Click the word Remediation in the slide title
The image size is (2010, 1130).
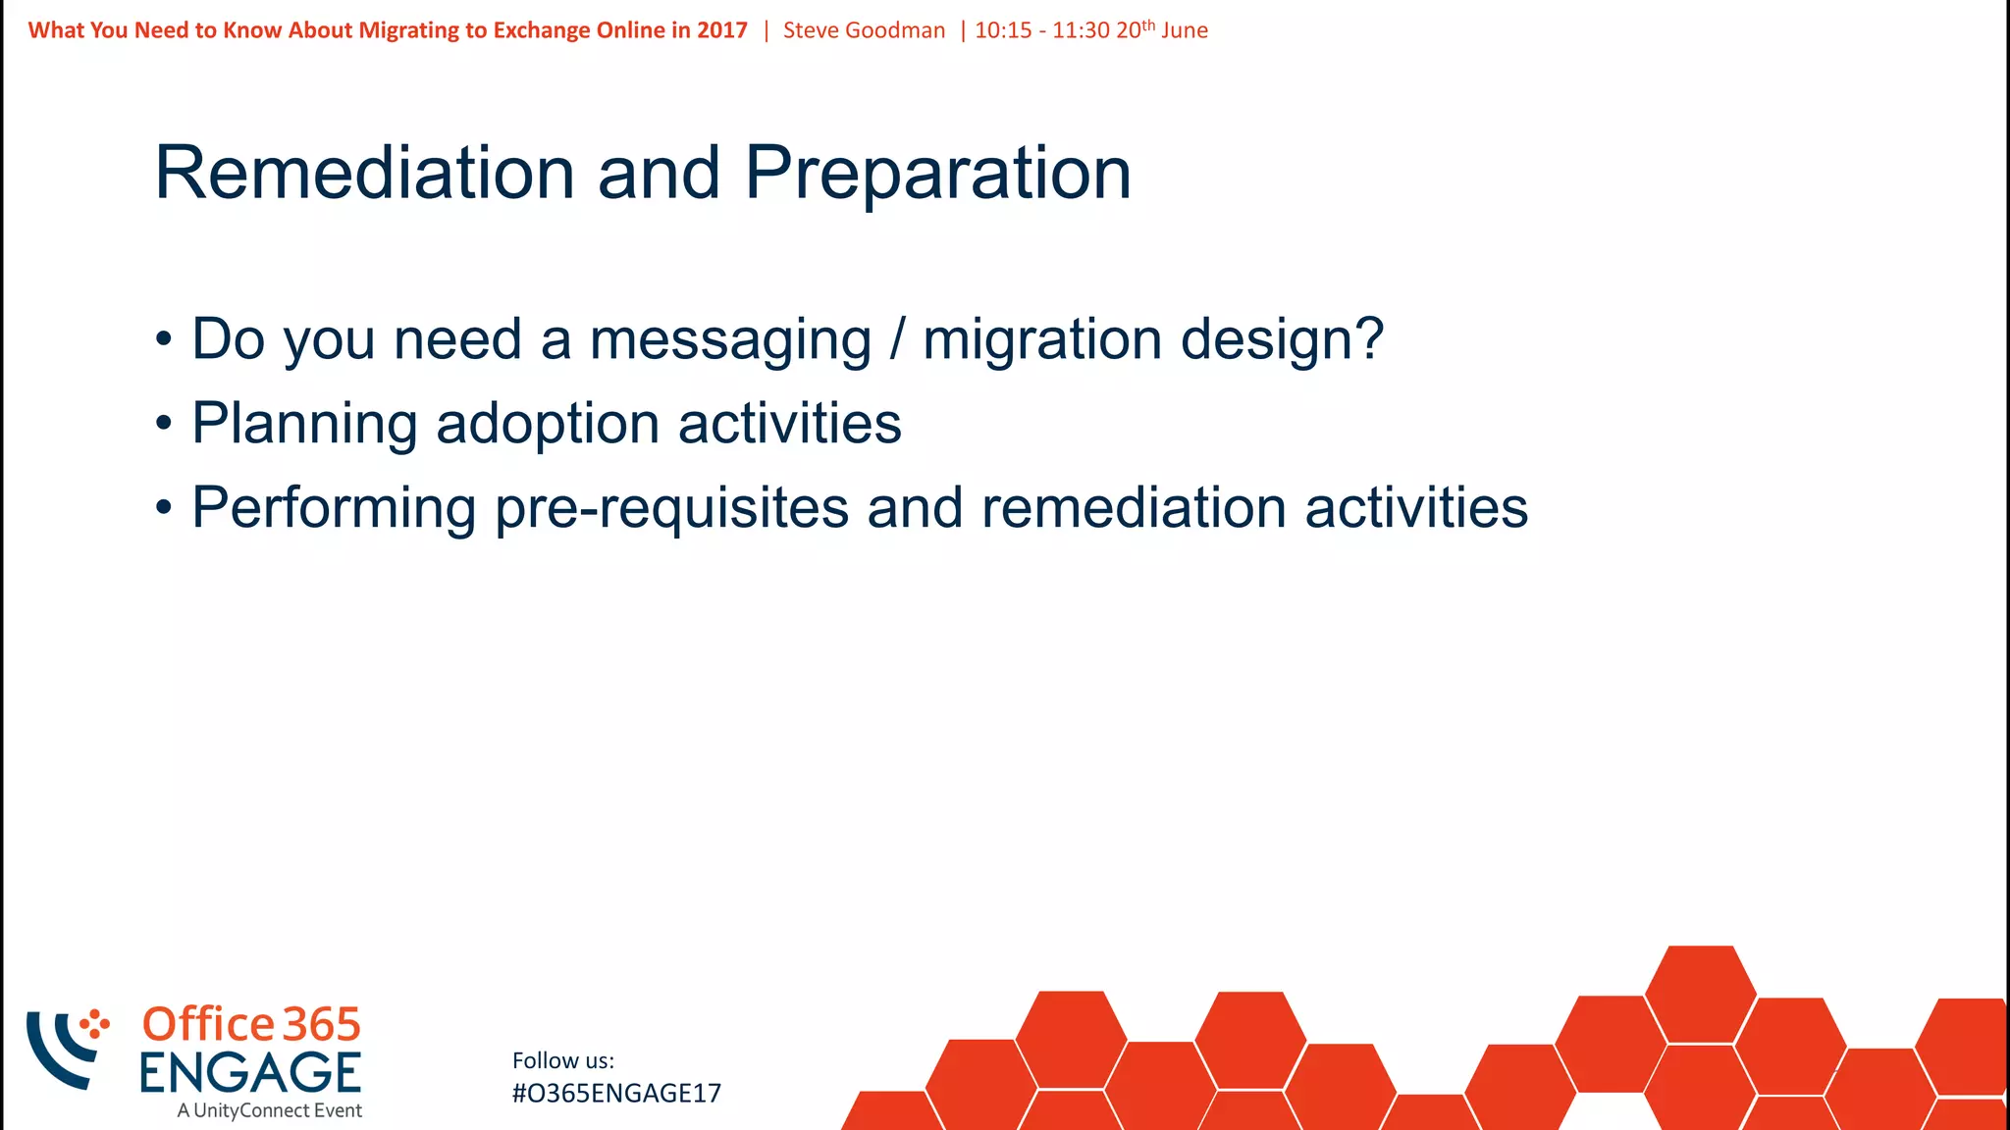coord(364,174)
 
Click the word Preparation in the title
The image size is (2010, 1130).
coord(937,174)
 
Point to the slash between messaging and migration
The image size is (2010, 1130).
coord(896,339)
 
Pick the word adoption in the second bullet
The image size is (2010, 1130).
coord(547,425)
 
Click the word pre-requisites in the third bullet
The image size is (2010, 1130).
coord(671,509)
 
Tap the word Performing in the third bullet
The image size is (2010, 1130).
coord(334,509)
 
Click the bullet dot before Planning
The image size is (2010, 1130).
coord(164,425)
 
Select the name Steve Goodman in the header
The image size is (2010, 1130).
coord(864,30)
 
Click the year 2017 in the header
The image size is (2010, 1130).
coord(722,30)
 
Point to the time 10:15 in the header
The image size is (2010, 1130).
coord(1003,30)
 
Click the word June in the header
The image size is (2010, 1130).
coord(1185,30)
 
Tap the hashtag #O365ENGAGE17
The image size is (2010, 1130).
coord(616,1094)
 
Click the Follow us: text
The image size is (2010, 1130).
coord(563,1060)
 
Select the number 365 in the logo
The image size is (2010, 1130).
coord(322,1025)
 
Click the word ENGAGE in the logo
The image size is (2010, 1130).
coord(250,1072)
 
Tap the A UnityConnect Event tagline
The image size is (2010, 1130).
coord(270,1111)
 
